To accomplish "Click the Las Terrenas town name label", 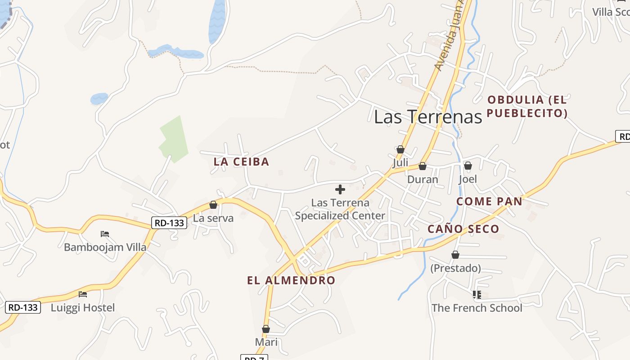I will tap(428, 117).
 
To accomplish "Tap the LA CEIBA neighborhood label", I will tap(241, 162).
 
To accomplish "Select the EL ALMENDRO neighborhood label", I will tap(291, 280).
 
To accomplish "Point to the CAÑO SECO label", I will tap(463, 229).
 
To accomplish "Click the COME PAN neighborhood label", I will tap(489, 202).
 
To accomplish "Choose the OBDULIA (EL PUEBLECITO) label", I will tap(527, 106).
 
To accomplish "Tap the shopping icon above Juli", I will tap(400, 149).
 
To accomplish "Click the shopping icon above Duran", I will tap(423, 166).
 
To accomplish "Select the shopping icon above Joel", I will tap(468, 166).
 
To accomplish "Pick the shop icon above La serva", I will tap(213, 205).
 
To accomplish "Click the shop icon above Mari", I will tap(266, 329).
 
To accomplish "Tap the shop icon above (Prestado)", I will tap(455, 255).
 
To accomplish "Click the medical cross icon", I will tap(340, 189).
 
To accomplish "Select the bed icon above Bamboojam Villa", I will tap(105, 234).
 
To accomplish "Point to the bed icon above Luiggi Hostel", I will tap(83, 294).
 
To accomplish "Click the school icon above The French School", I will tap(477, 295).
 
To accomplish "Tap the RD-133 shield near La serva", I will tap(169, 222).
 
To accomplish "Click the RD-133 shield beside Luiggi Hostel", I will tap(23, 307).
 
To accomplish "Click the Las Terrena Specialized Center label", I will tap(340, 209).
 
